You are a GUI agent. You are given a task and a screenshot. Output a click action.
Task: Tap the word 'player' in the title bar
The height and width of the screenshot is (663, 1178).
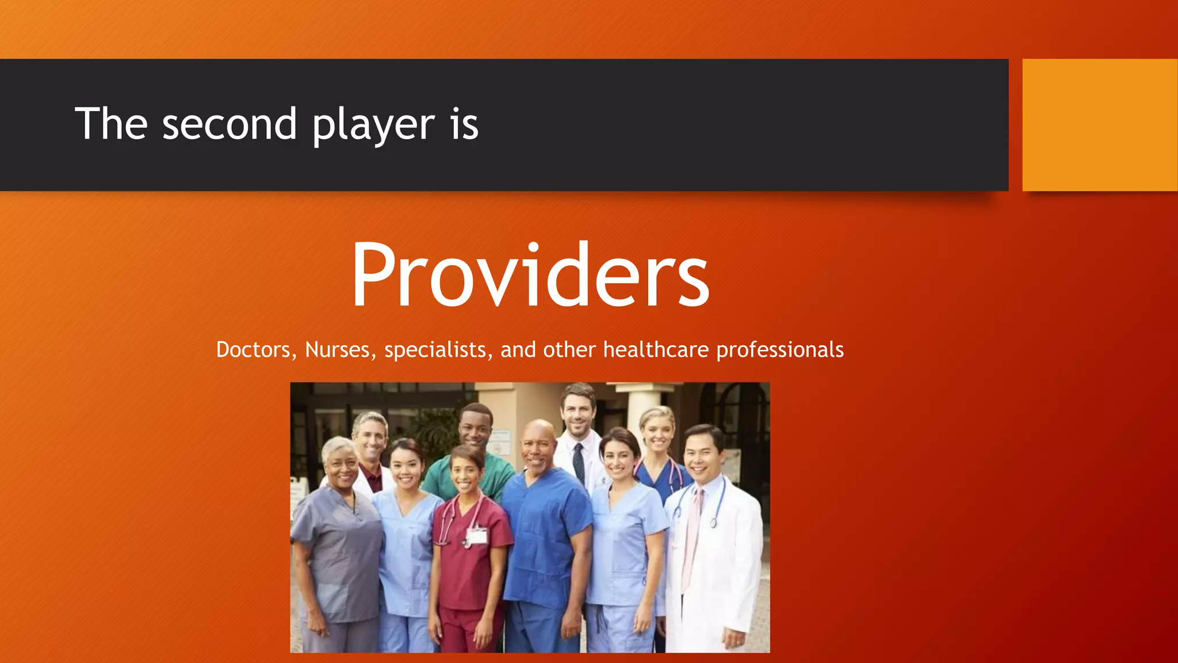(x=374, y=125)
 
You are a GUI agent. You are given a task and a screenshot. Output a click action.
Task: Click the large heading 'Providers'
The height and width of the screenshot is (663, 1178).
(x=530, y=275)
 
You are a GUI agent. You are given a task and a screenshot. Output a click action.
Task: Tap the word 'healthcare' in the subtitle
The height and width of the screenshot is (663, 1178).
(x=656, y=350)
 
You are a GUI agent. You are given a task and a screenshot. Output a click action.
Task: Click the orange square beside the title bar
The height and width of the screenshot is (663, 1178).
(x=1099, y=125)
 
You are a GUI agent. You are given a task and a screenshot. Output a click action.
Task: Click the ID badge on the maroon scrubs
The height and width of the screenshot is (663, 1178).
(x=476, y=536)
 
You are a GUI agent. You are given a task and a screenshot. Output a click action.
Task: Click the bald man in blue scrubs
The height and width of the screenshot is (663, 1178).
(x=544, y=518)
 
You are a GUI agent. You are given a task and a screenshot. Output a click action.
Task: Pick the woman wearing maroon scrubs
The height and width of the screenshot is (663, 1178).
(x=469, y=547)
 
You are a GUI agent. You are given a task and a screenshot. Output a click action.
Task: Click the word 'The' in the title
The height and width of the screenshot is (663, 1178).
(x=111, y=124)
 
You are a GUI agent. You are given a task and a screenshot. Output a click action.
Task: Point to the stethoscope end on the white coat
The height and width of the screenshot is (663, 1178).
(x=713, y=523)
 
